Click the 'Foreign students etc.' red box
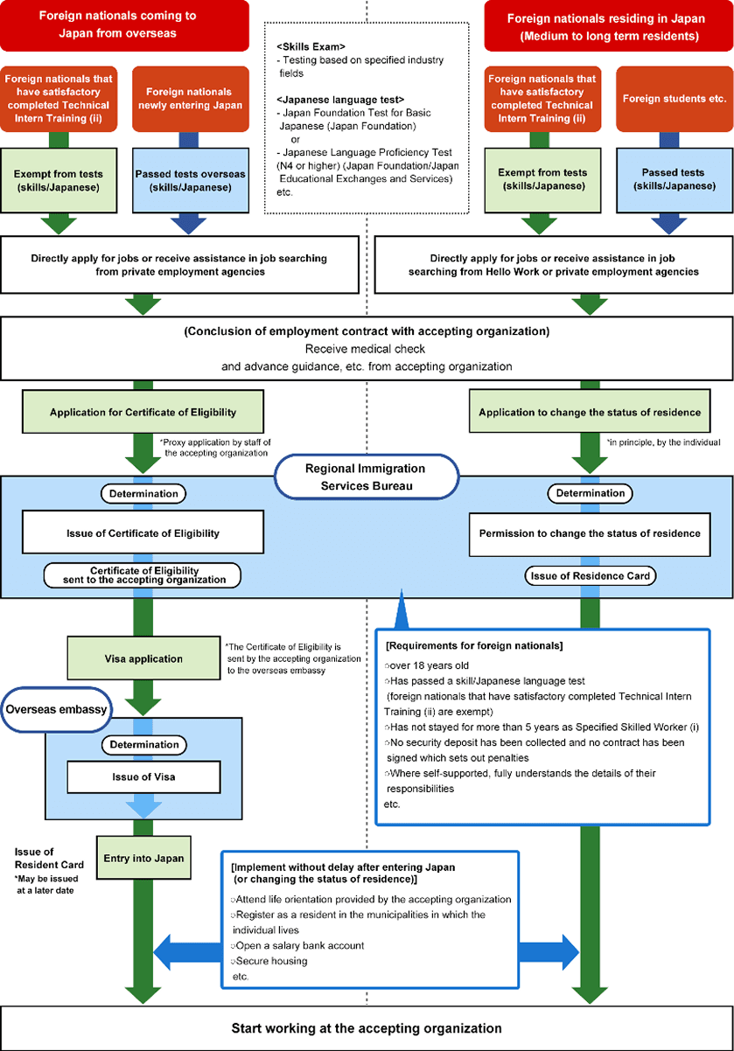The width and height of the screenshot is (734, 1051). tap(668, 99)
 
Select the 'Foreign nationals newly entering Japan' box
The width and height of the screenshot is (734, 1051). tap(189, 98)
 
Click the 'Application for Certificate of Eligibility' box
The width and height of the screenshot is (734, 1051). tap(143, 412)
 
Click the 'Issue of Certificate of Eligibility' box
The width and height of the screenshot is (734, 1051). tap(143, 532)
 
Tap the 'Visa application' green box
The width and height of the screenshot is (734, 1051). tap(143, 658)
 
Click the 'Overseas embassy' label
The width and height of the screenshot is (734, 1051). tap(54, 709)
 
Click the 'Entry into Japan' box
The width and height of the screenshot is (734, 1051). tap(143, 858)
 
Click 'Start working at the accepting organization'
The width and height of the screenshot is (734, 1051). tap(367, 1028)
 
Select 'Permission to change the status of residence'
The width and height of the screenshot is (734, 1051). tap(590, 532)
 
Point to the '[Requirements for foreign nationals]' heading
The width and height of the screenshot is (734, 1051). tap(474, 645)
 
